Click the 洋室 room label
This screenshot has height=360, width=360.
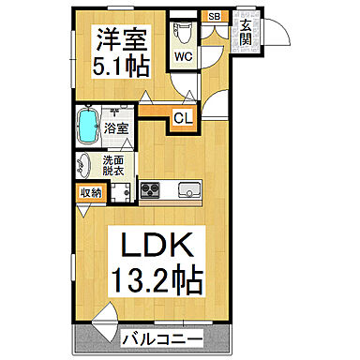[119, 40]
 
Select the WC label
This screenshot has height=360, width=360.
[183, 55]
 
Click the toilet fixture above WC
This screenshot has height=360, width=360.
[184, 32]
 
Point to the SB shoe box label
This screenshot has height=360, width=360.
[215, 16]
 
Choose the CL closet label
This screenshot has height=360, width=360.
[183, 118]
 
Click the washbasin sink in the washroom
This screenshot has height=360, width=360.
[85, 164]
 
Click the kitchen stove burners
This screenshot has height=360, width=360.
[151, 190]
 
